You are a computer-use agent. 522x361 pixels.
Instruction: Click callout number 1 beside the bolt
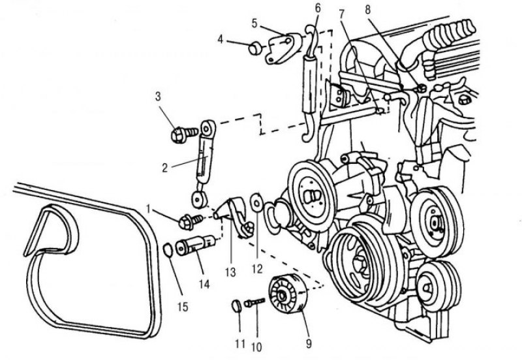pos(149,209)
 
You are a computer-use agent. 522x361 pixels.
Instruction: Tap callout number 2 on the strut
pos(165,168)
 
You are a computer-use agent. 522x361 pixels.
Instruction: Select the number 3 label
pos(158,97)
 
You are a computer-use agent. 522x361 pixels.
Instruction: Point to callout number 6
pos(318,8)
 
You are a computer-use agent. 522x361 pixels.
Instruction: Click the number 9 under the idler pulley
pos(308,343)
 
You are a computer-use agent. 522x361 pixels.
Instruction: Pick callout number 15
pos(183,307)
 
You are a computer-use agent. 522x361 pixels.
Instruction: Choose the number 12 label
pos(257,269)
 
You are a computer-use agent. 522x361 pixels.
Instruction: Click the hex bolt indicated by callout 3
pos(184,134)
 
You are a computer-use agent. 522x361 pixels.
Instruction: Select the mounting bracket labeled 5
pos(283,48)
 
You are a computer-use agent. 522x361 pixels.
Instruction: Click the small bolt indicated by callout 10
pos(254,302)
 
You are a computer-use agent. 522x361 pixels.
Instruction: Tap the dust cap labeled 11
pos(236,306)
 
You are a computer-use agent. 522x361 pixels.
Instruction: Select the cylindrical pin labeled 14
pos(195,247)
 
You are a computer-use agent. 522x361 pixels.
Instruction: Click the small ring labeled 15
pos(168,251)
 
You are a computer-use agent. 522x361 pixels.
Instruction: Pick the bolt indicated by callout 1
pos(191,221)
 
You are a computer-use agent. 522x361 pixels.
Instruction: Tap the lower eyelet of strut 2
pos(200,199)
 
